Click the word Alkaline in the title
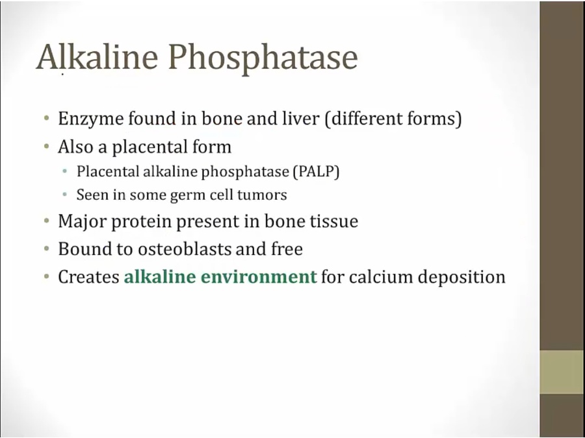[x=97, y=57]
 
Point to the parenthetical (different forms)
[x=393, y=119]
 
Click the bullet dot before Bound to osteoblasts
[x=46, y=249]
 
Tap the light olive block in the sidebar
[x=562, y=372]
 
